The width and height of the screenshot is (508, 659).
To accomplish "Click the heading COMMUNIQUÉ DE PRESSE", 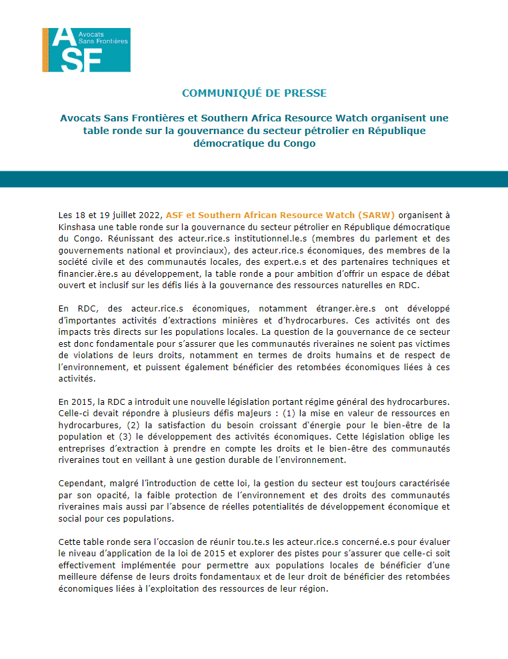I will pos(254,93).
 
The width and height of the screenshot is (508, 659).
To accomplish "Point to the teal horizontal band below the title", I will pos(254,179).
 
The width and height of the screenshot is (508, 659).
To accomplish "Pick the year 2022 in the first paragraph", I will pos(151,215).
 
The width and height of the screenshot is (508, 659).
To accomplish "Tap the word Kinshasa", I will pos(77,226).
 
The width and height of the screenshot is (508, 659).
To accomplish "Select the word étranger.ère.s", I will pos(339,309).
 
